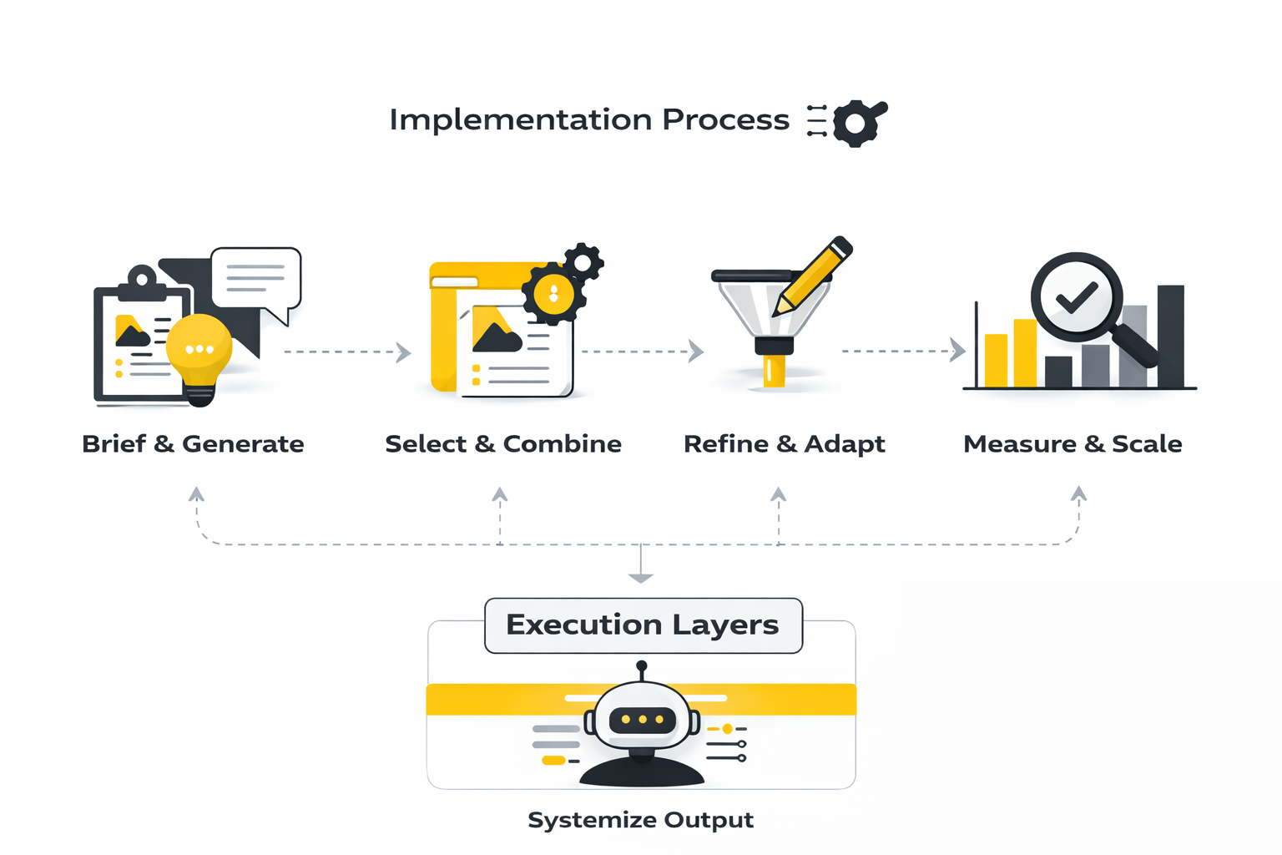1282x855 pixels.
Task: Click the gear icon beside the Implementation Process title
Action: tap(856, 124)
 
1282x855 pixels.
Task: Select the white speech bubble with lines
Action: tap(255, 278)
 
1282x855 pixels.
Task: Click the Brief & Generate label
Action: tap(193, 443)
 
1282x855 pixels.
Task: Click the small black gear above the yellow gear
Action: tap(583, 264)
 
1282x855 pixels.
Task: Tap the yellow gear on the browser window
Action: tap(553, 294)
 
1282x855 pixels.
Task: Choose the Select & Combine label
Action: tap(503, 443)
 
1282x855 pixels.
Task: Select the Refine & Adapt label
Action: tap(784, 443)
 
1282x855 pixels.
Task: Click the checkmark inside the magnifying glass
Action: tap(1077, 296)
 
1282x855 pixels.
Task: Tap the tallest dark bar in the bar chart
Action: tap(1170, 336)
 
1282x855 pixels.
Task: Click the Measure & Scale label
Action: tap(1073, 443)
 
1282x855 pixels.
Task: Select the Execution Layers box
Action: tap(643, 625)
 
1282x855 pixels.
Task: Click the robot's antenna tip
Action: tap(642, 666)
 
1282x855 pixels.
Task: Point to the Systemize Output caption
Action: tap(640, 820)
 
